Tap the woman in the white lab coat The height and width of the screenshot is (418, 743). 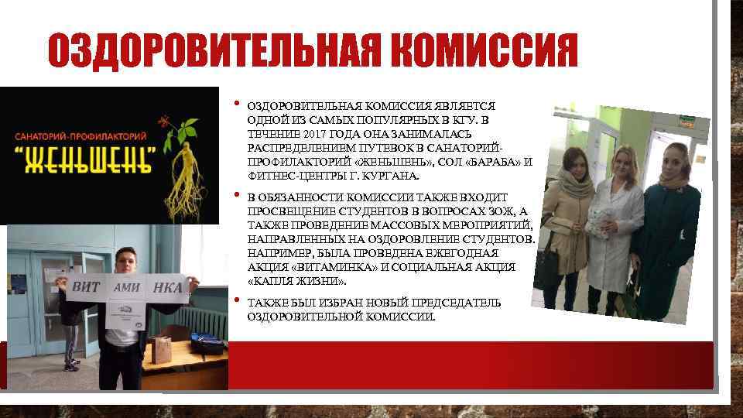point(608,224)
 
